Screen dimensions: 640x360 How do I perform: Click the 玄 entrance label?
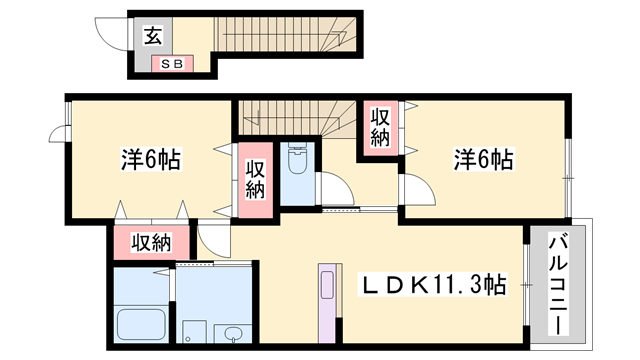coord(153,36)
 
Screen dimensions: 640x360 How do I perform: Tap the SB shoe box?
coord(172,64)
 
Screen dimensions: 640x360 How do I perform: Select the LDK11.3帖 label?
coord(432,284)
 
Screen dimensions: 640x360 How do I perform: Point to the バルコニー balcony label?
coord(558,284)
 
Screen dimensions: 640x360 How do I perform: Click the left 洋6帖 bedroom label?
coord(151,160)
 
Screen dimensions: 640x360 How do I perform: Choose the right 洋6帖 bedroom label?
coord(484,160)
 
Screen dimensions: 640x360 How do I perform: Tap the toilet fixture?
coord(297,158)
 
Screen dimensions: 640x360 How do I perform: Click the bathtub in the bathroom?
coord(141,324)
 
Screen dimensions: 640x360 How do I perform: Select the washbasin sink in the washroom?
coord(233,334)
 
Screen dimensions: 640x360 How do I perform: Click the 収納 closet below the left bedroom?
coord(151,242)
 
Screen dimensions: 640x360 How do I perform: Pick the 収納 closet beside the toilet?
coord(256,180)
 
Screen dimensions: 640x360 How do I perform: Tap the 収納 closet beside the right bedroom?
coord(380,128)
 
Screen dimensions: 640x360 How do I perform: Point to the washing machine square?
coord(194,331)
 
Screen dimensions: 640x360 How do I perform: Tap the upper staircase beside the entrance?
coord(286,34)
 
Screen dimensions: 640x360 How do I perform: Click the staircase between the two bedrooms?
coord(297,118)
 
